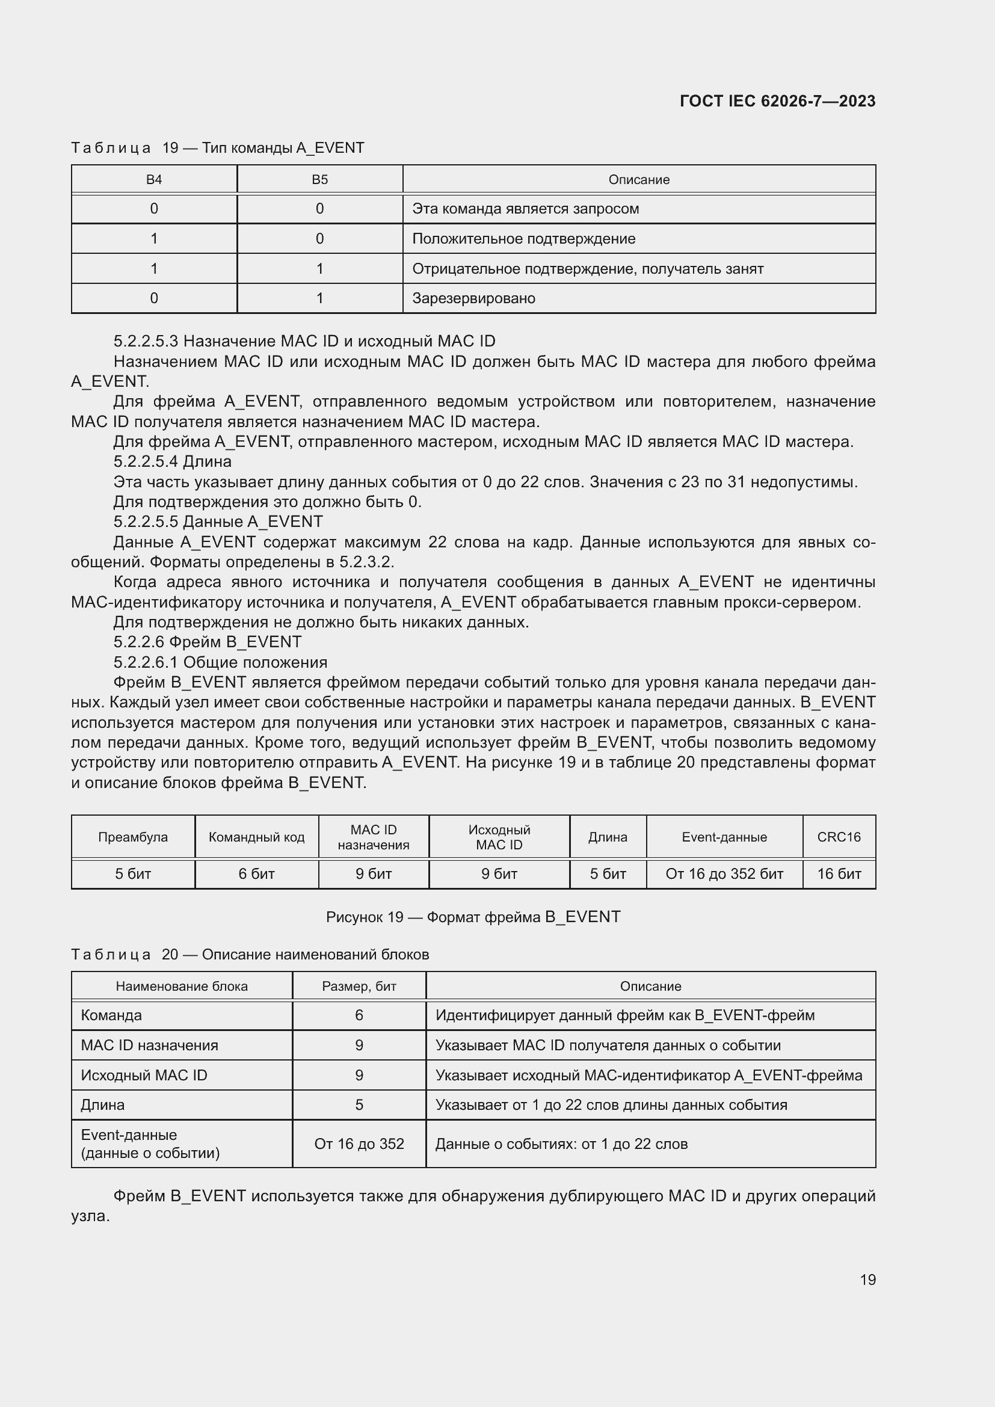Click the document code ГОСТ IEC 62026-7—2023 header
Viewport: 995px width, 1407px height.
[777, 101]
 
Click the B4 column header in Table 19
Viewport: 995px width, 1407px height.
[154, 179]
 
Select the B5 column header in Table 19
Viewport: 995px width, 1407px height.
[319, 179]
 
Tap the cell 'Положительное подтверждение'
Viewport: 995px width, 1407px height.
[523, 238]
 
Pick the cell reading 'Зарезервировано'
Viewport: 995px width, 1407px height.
[473, 298]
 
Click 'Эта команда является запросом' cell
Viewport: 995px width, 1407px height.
[525, 209]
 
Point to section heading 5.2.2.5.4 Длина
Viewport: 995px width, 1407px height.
[172, 461]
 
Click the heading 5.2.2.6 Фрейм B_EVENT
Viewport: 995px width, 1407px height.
[207, 642]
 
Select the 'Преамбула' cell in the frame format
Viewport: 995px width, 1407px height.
[133, 837]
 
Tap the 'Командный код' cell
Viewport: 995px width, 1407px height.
[256, 837]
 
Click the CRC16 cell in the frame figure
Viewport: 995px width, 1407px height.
[838, 837]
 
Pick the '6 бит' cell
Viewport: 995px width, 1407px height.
[256, 874]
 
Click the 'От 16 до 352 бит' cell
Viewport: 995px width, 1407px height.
[724, 874]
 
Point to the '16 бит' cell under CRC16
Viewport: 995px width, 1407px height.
[838, 874]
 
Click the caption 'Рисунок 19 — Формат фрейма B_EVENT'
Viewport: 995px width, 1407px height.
[473, 917]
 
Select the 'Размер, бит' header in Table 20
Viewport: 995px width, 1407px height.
[359, 986]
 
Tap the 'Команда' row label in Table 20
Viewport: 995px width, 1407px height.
[111, 1015]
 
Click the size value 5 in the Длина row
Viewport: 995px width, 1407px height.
[359, 1105]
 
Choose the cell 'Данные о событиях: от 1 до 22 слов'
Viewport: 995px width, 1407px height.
[561, 1144]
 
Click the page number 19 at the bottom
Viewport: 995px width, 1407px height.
[867, 1279]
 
